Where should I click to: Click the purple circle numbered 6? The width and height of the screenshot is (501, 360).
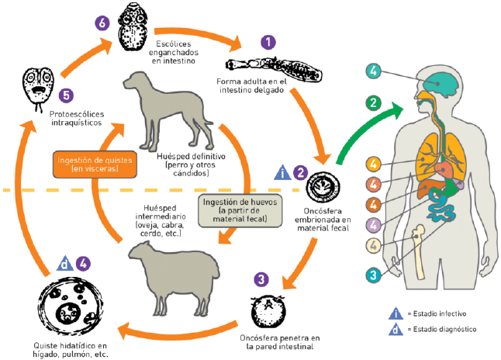pos(102,23)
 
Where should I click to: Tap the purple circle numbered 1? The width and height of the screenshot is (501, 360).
pos(268,42)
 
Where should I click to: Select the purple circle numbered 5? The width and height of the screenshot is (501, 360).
pos(66,95)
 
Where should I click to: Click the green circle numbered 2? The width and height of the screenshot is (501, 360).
pos(373,103)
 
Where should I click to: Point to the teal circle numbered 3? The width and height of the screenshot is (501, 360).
pos(373,275)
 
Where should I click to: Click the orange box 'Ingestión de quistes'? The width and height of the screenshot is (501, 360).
pos(95,164)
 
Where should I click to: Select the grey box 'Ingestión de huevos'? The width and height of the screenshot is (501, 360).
pos(240,211)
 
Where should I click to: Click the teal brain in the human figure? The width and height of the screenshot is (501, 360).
pos(443,84)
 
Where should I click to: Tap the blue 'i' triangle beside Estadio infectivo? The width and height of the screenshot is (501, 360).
pos(396,313)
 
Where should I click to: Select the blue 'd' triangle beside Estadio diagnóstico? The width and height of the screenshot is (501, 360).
pos(396,329)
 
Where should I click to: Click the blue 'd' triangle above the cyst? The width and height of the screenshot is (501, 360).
pos(64,264)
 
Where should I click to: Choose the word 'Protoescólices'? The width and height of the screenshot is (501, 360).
pos(77,114)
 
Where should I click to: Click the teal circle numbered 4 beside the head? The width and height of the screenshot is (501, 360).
pos(373,71)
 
